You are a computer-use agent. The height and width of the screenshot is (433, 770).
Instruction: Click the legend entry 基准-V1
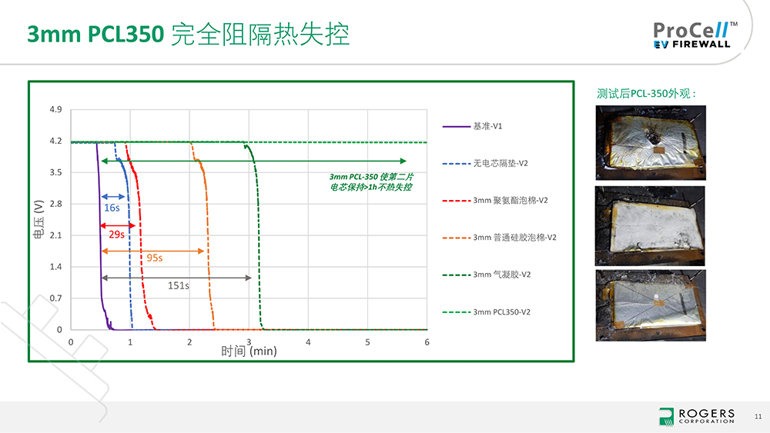tap(473, 127)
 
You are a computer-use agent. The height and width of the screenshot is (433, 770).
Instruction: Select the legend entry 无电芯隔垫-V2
tap(485, 163)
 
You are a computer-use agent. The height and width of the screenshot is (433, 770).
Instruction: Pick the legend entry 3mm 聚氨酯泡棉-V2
tap(495, 201)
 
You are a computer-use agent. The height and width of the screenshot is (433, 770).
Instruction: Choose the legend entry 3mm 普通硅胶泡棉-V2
tap(500, 238)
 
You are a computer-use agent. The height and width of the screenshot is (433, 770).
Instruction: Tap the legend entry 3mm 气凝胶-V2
tap(487, 275)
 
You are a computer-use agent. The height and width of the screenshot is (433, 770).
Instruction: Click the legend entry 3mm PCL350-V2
tap(487, 312)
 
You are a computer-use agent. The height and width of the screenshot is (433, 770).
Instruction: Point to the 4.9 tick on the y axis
tap(55, 109)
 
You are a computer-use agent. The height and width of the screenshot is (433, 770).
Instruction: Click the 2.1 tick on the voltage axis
tap(55, 235)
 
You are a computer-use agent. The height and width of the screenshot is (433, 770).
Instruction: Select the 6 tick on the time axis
tap(427, 342)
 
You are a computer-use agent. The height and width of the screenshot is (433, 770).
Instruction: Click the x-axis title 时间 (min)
tap(249, 351)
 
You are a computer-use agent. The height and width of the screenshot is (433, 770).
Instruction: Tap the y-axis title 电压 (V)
tap(38, 219)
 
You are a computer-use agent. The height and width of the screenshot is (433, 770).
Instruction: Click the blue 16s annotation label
tap(112, 208)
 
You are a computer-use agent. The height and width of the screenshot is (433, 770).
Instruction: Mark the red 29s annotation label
tap(116, 235)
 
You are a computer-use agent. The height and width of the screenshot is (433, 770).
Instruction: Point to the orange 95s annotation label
tap(154, 258)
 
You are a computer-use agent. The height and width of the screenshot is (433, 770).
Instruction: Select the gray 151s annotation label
tap(179, 286)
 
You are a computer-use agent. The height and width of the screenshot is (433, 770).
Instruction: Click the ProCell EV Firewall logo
tap(695, 35)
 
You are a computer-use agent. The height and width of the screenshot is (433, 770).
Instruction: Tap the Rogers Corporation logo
tap(697, 416)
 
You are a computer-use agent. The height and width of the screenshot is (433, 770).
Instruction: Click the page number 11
tap(758, 416)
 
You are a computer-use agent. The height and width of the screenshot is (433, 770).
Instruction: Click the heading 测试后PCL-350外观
tap(646, 94)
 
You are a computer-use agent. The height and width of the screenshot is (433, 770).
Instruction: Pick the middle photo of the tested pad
tap(650, 226)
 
